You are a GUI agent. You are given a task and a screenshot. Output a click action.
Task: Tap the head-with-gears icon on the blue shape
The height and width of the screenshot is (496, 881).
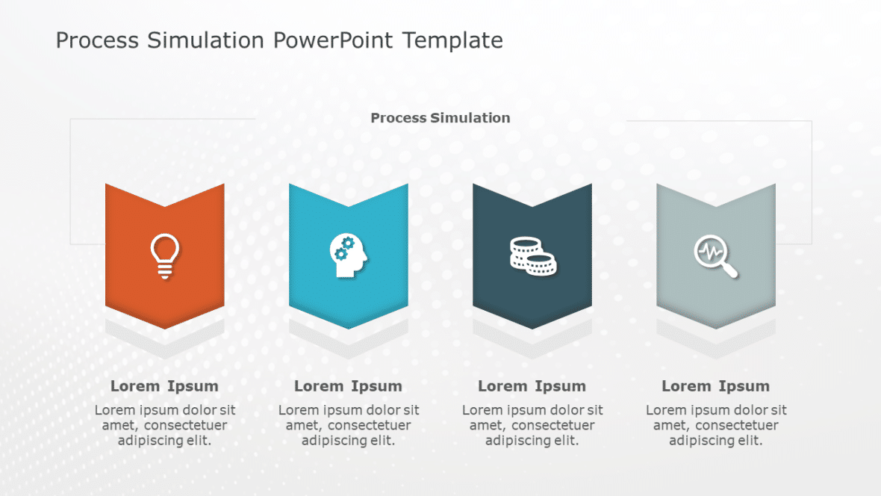click(348, 256)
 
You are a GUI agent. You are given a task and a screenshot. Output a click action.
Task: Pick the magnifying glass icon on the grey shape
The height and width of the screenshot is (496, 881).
click(715, 256)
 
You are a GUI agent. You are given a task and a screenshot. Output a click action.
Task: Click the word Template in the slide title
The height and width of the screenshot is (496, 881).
click(452, 40)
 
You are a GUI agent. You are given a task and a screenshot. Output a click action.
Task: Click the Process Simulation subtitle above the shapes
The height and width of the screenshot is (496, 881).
click(441, 118)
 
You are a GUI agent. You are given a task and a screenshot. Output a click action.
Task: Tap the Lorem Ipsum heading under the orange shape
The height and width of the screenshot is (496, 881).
click(164, 386)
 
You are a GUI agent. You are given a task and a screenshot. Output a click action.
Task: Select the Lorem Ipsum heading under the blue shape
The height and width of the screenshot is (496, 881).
click(348, 386)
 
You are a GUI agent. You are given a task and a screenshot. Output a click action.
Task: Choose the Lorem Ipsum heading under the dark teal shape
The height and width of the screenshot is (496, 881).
click(532, 386)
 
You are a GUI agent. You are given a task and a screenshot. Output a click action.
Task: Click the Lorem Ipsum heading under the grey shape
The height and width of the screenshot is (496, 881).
click(715, 386)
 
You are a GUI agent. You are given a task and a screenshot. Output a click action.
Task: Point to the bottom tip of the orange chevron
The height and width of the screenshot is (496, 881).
click(165, 327)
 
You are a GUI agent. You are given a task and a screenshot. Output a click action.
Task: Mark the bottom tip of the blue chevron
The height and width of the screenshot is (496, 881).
click(349, 327)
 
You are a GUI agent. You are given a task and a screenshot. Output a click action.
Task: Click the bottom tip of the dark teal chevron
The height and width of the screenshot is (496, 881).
click(532, 327)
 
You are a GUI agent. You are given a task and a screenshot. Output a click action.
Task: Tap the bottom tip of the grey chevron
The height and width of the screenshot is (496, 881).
click(716, 327)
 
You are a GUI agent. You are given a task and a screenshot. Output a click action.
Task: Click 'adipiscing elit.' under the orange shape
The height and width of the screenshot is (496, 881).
click(164, 441)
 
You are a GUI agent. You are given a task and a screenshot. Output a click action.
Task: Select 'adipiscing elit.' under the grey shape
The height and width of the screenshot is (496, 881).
click(715, 441)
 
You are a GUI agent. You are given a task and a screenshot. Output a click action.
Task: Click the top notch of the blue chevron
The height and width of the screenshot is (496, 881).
click(349, 206)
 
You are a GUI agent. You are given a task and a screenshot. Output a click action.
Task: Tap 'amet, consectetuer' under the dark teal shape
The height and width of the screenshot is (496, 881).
click(532, 425)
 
